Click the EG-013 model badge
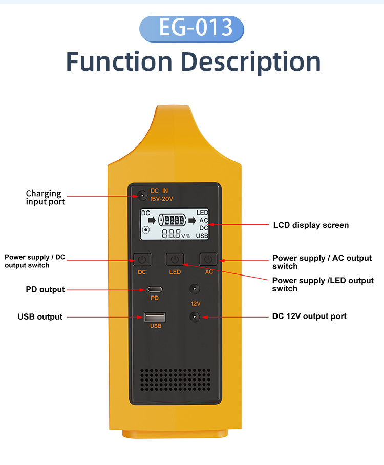[x=192, y=28]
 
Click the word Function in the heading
[x=119, y=62]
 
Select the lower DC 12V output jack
[x=195, y=317]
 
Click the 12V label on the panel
[x=196, y=304]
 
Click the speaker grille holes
[x=175, y=379]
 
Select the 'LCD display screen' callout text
[x=311, y=225]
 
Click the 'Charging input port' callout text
[x=46, y=198]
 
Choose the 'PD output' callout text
[x=46, y=290]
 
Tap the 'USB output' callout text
[x=40, y=317]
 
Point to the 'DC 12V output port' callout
[x=309, y=316]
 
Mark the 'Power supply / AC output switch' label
[x=322, y=262]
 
